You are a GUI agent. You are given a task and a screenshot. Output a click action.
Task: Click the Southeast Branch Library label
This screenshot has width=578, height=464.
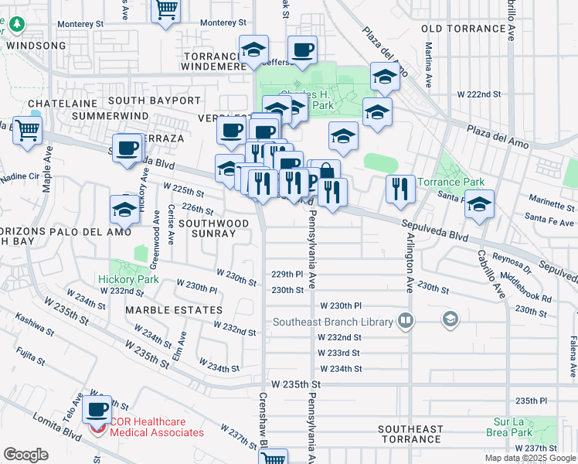(332, 321)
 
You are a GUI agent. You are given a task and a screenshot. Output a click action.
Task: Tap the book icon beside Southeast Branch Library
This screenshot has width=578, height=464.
(404, 320)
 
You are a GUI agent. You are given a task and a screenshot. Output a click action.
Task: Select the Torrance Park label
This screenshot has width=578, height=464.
(450, 183)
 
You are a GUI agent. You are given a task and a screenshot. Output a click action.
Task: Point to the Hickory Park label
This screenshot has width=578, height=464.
(128, 279)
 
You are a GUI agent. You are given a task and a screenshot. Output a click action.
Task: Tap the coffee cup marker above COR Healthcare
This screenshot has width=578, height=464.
(97, 410)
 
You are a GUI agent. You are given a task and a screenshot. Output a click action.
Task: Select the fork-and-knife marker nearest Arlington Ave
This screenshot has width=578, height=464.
(399, 189)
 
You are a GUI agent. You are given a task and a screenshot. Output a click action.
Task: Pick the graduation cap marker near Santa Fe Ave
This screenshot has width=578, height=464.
(479, 205)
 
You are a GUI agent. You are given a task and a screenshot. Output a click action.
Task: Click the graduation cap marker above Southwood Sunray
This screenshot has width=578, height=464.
(125, 208)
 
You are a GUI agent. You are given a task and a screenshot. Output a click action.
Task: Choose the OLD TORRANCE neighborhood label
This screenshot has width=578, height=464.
(464, 29)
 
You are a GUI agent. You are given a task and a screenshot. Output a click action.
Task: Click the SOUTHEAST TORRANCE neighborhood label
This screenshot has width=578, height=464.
(410, 434)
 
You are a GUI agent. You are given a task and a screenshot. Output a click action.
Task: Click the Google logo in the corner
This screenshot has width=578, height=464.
(26, 454)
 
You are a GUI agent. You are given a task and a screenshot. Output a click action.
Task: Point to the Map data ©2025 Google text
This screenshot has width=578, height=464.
(529, 458)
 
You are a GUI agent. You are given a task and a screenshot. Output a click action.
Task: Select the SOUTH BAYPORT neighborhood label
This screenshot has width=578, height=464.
(155, 101)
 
